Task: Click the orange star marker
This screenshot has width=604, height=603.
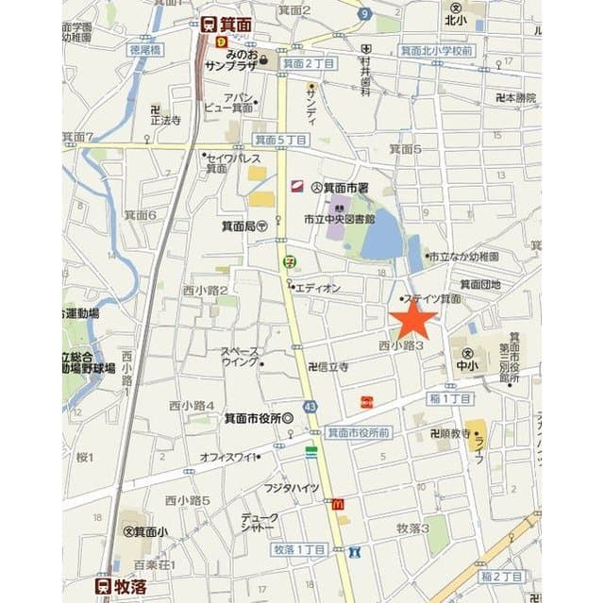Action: click(x=413, y=322)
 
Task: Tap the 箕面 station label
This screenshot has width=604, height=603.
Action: click(x=229, y=25)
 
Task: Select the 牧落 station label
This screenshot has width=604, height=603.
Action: click(x=121, y=585)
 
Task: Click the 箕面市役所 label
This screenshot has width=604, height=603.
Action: click(x=257, y=418)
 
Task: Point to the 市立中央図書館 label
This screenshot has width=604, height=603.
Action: click(x=339, y=219)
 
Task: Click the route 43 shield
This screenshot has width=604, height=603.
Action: click(x=310, y=406)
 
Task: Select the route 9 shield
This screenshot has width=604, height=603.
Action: click(x=363, y=14)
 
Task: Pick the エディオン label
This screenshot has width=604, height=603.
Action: click(x=317, y=288)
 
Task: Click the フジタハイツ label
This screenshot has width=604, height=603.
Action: click(x=292, y=488)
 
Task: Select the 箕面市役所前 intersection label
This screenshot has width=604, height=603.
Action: click(x=359, y=432)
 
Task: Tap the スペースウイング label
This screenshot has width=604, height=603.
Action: click(x=240, y=356)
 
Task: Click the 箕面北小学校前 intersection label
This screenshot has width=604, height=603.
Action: click(x=436, y=49)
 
